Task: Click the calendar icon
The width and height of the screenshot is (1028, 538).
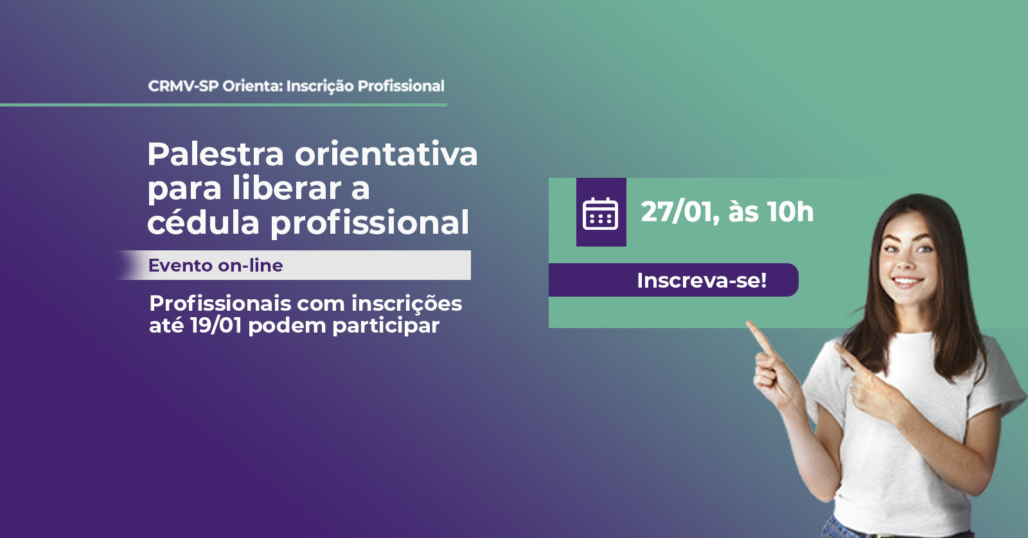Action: tap(600, 213)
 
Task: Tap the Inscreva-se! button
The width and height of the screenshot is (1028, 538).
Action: tap(673, 280)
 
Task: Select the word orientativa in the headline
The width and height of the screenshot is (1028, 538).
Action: tap(386, 154)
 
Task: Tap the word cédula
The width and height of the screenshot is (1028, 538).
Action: tap(203, 222)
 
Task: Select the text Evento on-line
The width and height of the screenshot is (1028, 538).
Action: tap(216, 265)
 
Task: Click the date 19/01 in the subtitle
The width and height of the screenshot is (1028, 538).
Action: tap(216, 325)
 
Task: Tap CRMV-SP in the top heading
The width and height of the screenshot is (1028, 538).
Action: tap(183, 86)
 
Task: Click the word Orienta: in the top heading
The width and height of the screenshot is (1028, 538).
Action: tap(253, 86)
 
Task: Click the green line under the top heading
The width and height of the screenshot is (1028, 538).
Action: tap(224, 105)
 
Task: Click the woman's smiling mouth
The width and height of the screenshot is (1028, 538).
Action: tap(907, 281)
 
